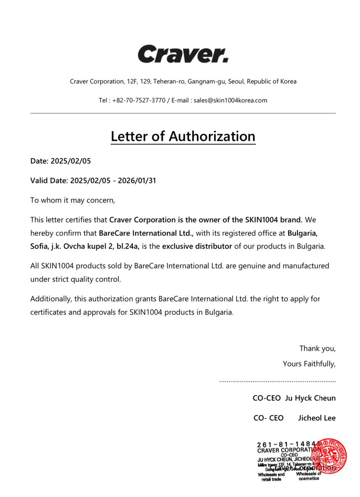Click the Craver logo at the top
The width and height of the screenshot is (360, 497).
tap(183, 54)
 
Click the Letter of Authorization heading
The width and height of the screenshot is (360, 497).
tap(183, 136)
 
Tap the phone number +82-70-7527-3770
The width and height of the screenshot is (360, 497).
tap(139, 100)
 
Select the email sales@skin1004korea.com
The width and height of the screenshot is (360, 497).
tap(230, 100)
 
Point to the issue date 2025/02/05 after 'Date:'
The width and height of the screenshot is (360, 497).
tap(71, 161)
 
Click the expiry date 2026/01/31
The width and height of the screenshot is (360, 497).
tap(137, 181)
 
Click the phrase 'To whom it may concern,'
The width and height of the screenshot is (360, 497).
tap(73, 200)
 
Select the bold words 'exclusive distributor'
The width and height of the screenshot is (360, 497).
tap(197, 246)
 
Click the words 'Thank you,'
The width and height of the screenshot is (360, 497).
tap(317, 348)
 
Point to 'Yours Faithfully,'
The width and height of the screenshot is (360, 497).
tap(309, 364)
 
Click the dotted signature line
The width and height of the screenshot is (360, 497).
tap(277, 381)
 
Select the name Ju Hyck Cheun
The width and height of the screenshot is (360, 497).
tap(310, 398)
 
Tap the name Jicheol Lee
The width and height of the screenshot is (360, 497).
tap(317, 418)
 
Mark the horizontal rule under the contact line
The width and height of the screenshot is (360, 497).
tap(183, 113)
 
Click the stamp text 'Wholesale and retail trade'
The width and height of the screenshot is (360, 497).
tap(271, 477)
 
